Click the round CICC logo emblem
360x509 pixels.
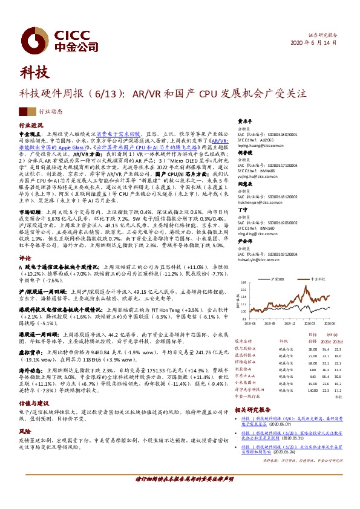pyautogui.click(x=28, y=34)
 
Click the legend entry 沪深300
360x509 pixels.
pyautogui.click(x=279, y=279)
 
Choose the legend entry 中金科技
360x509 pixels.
pyautogui.click(x=318, y=279)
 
